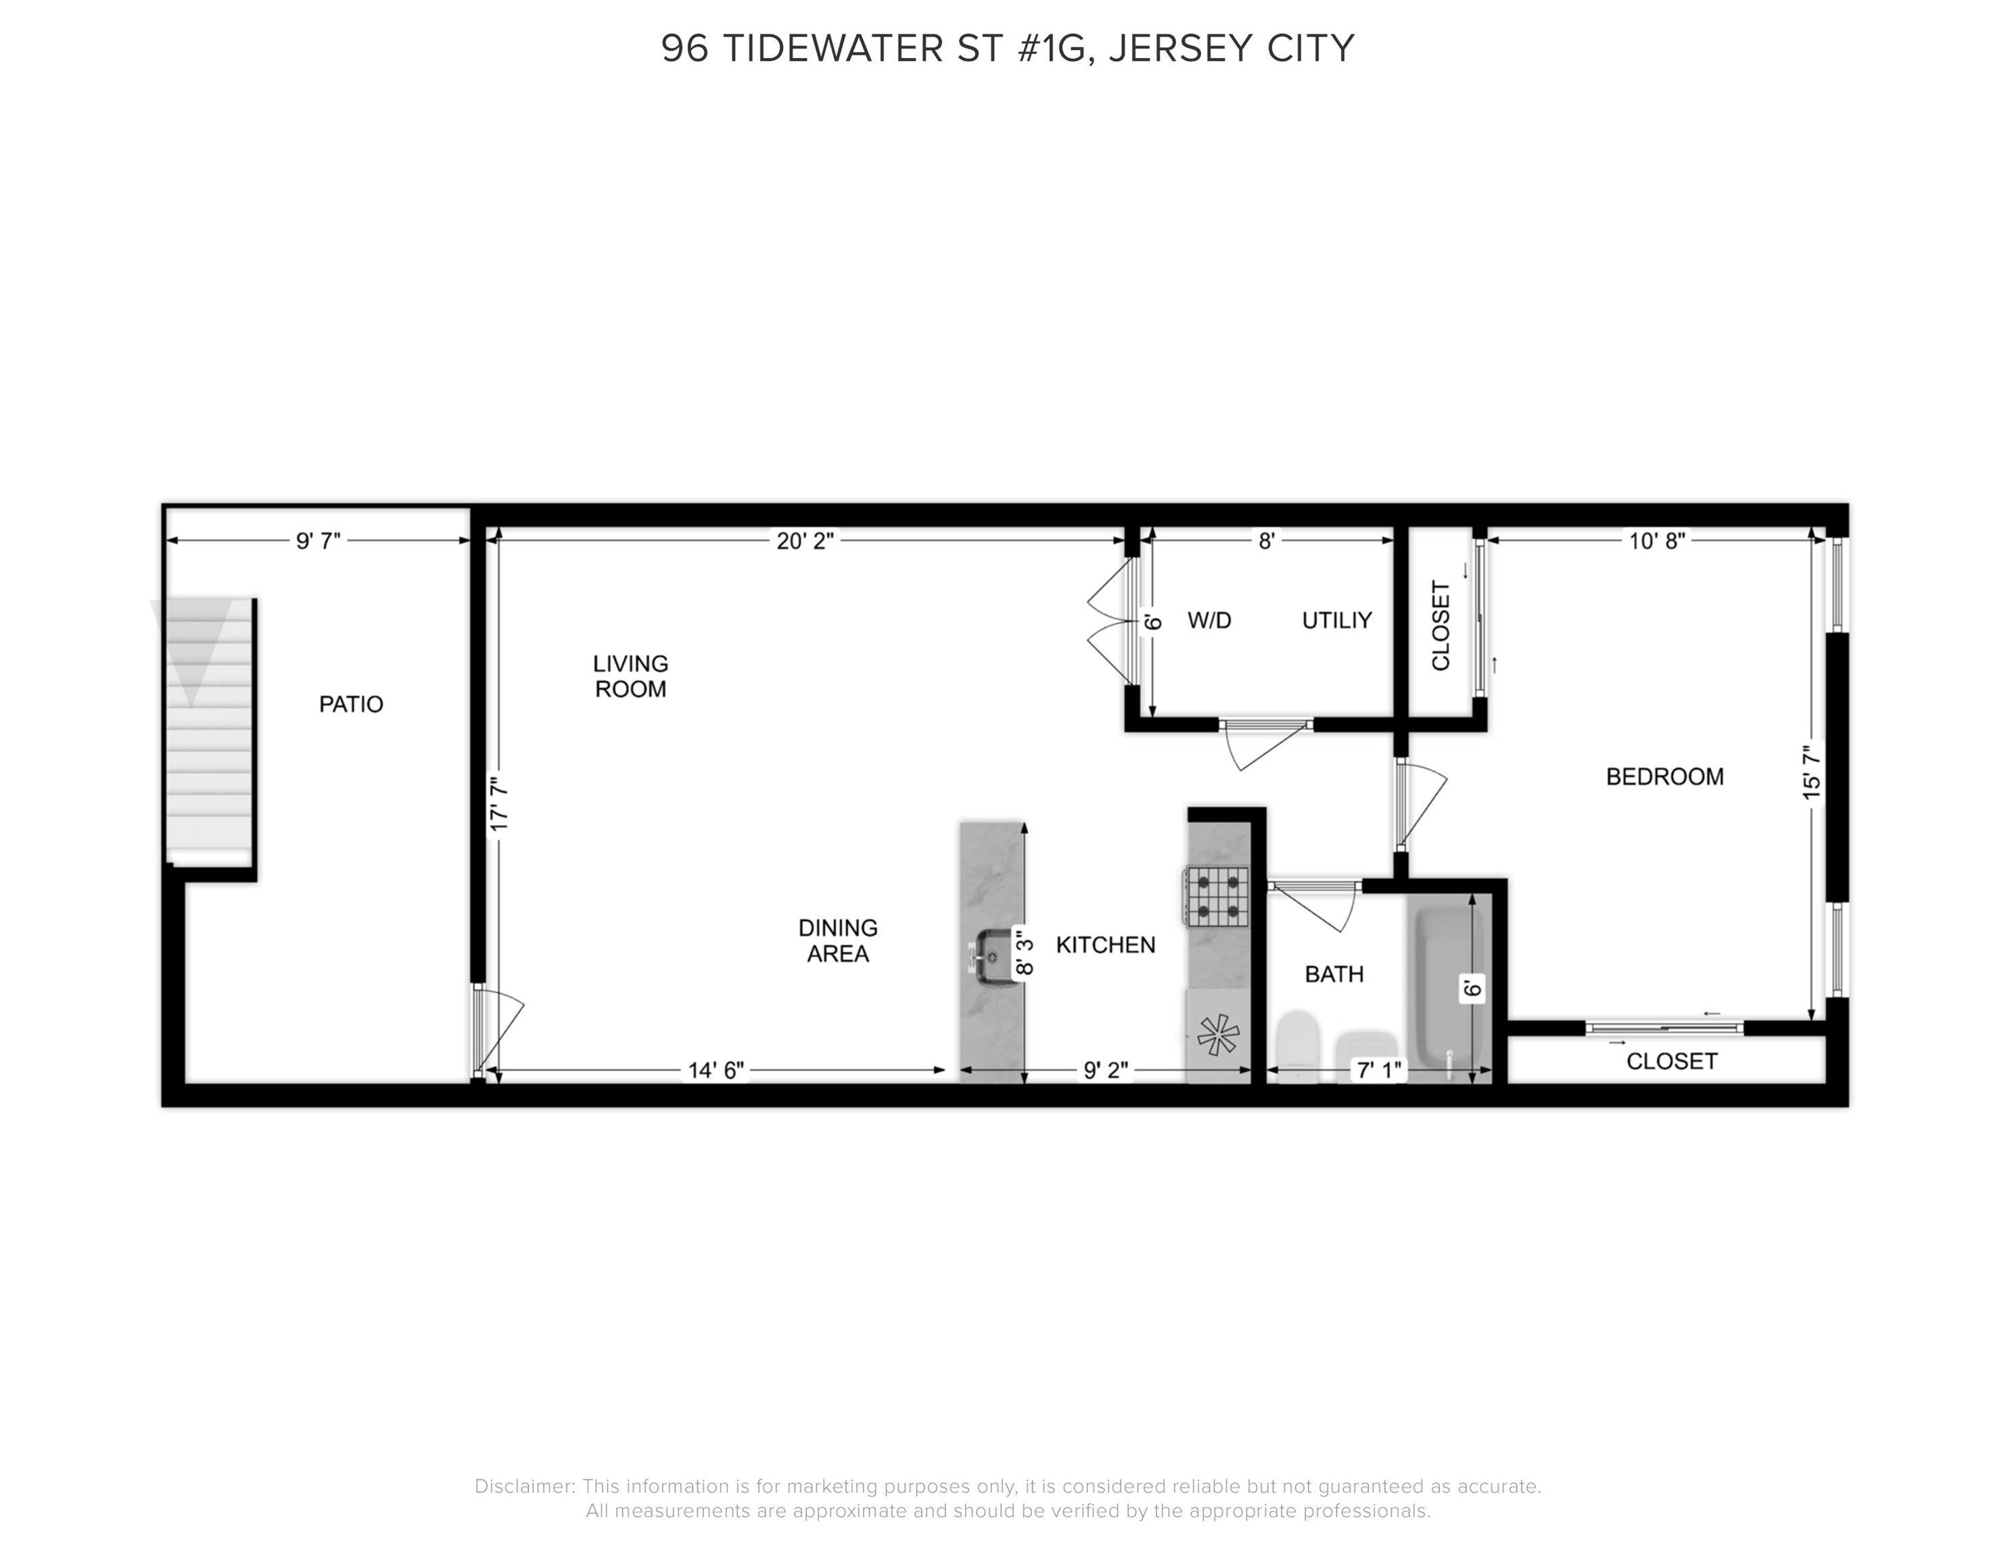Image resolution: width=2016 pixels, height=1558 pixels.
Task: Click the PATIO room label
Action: click(x=351, y=704)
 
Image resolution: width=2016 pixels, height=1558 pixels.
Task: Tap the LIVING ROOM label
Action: click(x=630, y=676)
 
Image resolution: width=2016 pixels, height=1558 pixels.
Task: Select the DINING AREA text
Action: click(x=838, y=941)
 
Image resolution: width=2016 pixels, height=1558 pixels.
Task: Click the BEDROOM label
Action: click(x=1664, y=776)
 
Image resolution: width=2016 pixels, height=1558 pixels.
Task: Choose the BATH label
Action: click(x=1334, y=974)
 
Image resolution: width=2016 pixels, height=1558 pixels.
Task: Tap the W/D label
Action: click(x=1209, y=620)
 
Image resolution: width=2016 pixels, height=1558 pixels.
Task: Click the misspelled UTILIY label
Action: click(x=1336, y=620)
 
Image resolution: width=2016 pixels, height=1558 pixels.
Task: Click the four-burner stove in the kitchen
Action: click(x=1217, y=896)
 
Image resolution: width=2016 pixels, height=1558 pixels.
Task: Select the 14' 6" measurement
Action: click(x=716, y=1070)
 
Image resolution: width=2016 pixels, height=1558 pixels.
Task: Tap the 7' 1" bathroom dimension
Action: click(x=1378, y=1070)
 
